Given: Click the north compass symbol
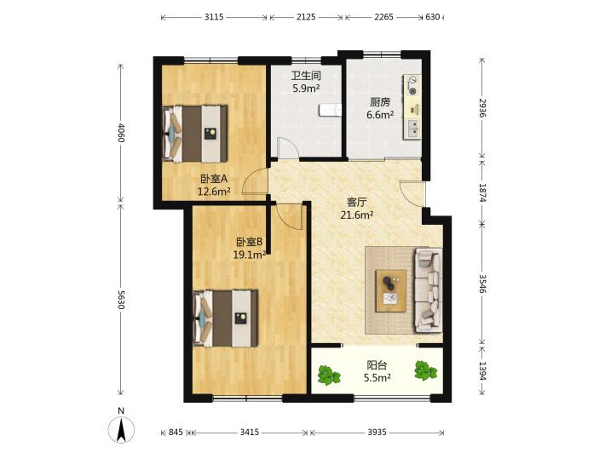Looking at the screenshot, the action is pos(121,429).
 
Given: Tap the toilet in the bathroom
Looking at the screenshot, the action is pos(331,110).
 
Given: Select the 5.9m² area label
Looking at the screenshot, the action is pos(306,89).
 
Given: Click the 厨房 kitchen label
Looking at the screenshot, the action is pos(380,102).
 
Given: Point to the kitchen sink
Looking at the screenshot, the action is pos(412,128).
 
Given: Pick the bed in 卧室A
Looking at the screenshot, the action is pos(194,134).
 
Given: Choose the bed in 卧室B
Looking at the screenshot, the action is pos(225,318).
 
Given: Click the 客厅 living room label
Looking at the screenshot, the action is pos(356,202).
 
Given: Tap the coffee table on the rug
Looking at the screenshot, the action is pos(391,290).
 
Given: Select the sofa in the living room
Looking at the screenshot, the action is pos(428,290).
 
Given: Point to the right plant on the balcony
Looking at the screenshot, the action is pos(425,370).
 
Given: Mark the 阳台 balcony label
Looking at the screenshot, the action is pos(377,364).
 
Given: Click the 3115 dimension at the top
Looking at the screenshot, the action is pos(214,17).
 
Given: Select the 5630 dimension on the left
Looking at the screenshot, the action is pos(121,300).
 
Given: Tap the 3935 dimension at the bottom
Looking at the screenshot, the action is pos(377,433).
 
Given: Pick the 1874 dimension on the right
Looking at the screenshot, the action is pos(482,192).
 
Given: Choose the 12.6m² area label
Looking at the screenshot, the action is pos(214,191).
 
